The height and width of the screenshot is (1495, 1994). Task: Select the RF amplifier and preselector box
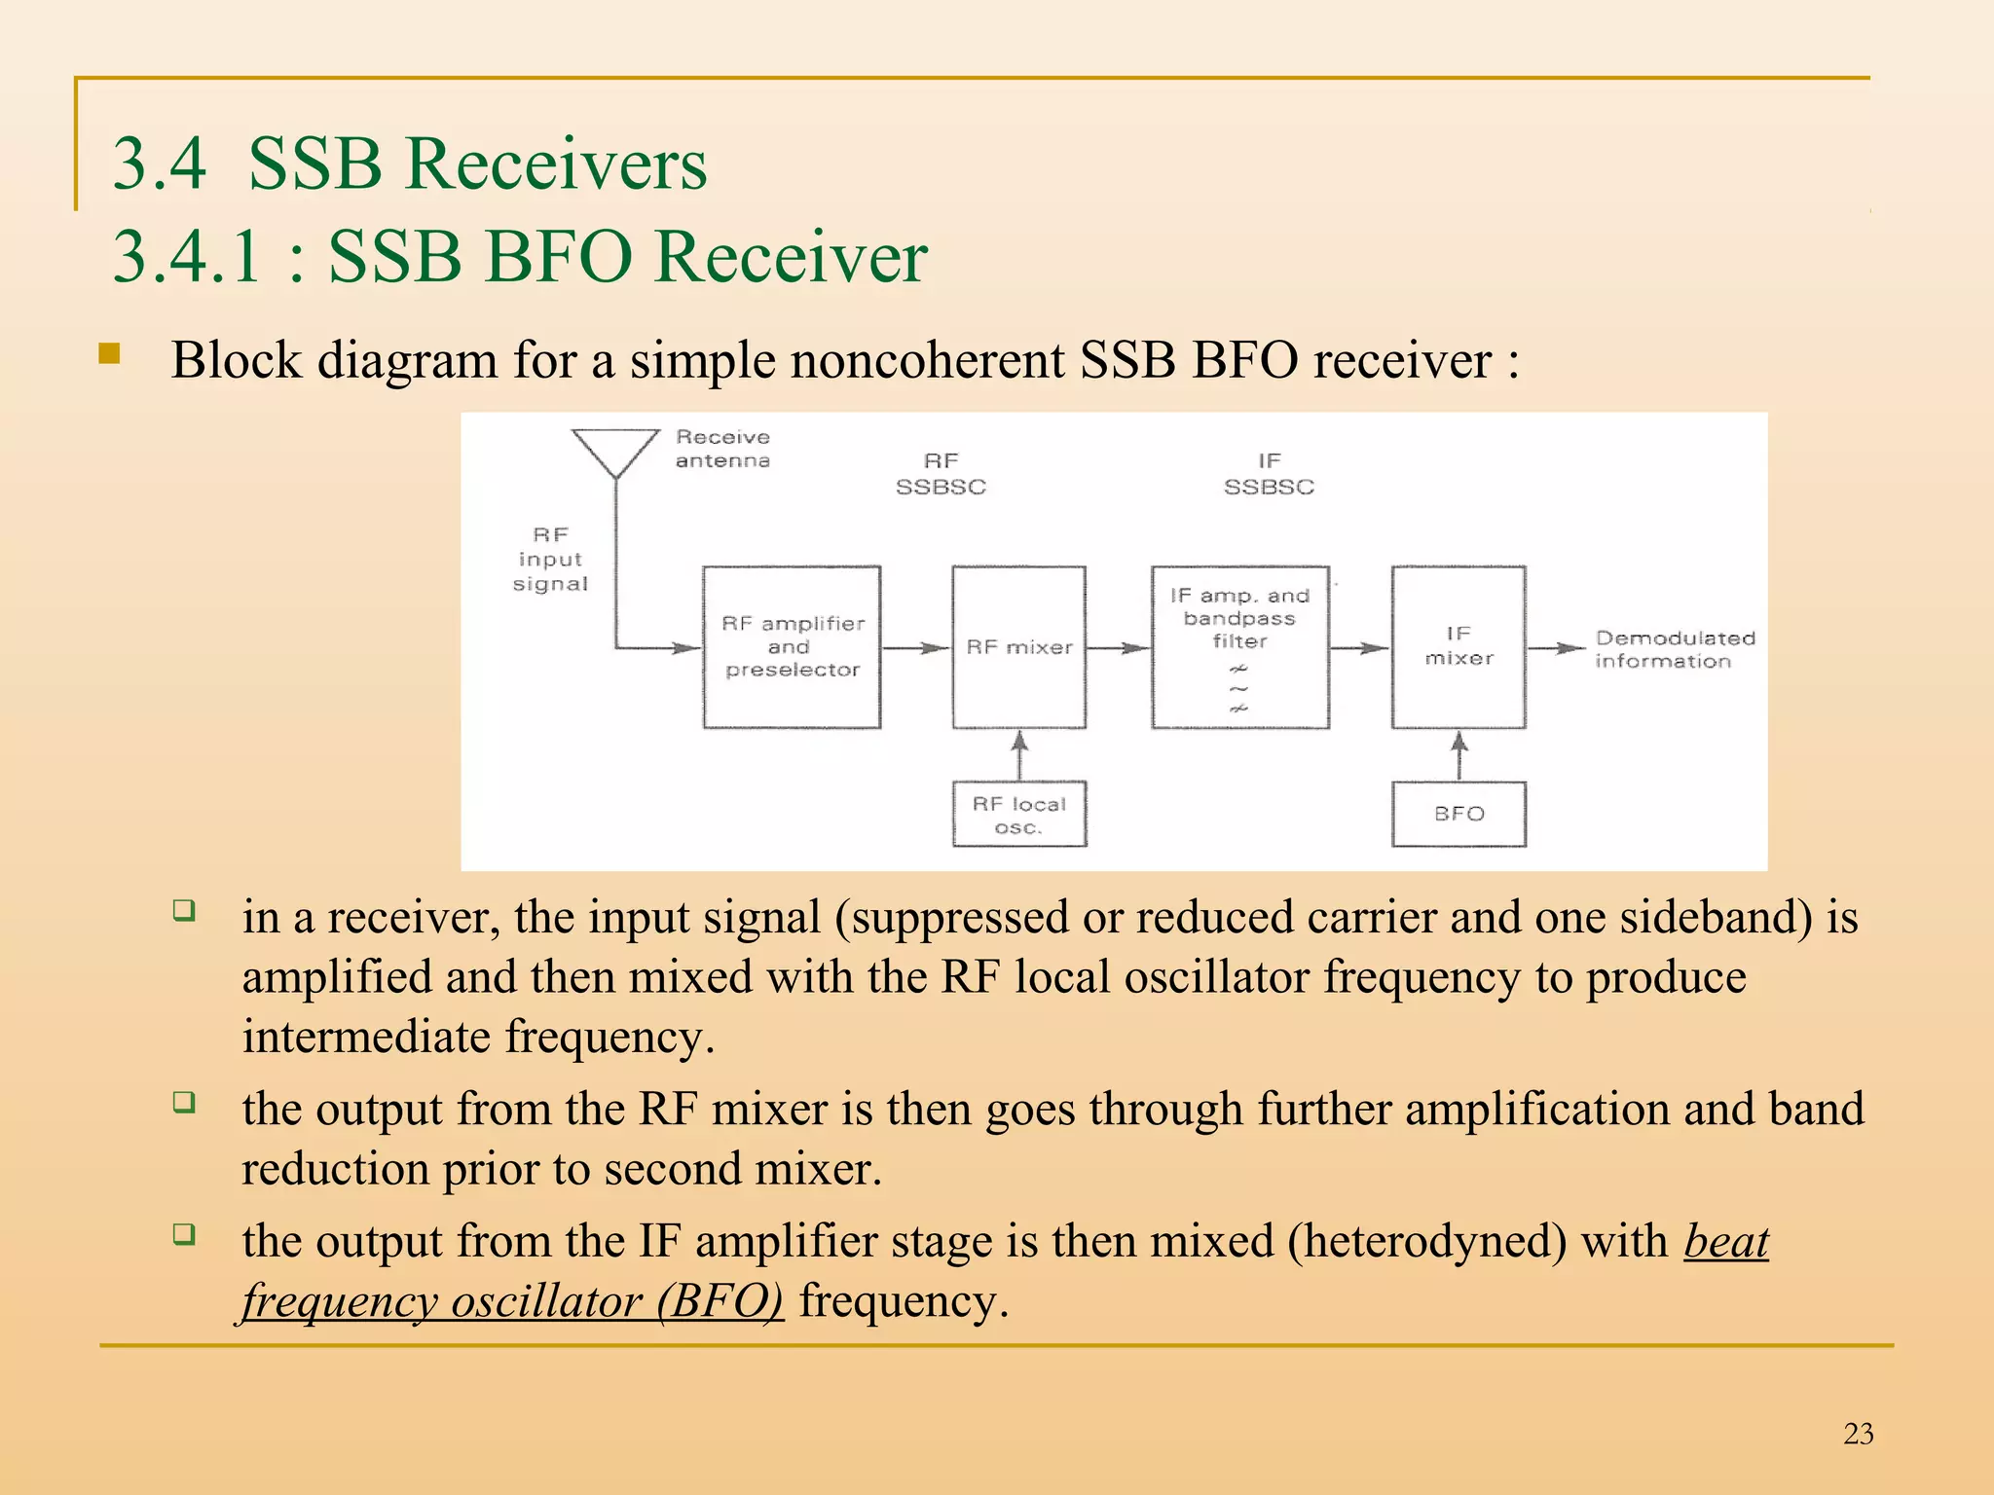point(792,647)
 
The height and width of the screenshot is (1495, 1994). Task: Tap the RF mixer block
point(1018,647)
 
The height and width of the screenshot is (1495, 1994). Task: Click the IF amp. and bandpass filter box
point(1239,647)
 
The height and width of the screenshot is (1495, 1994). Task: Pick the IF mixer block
point(1459,647)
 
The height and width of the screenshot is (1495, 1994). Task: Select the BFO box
point(1459,814)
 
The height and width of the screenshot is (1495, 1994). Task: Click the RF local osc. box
point(1018,815)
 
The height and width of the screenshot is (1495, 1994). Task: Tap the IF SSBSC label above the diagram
point(1269,474)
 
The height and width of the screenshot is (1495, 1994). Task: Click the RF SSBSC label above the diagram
point(941,474)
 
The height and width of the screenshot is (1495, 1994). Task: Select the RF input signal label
point(550,560)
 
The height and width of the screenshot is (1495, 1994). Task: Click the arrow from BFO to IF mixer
point(1459,755)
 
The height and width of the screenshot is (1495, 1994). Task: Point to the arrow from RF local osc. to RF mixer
point(1018,755)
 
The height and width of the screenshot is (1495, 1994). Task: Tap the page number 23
point(1858,1434)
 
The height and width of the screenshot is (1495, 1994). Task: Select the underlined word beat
point(1725,1242)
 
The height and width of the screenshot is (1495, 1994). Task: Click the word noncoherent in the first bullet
point(927,360)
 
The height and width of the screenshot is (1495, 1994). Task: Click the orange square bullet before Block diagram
point(109,353)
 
